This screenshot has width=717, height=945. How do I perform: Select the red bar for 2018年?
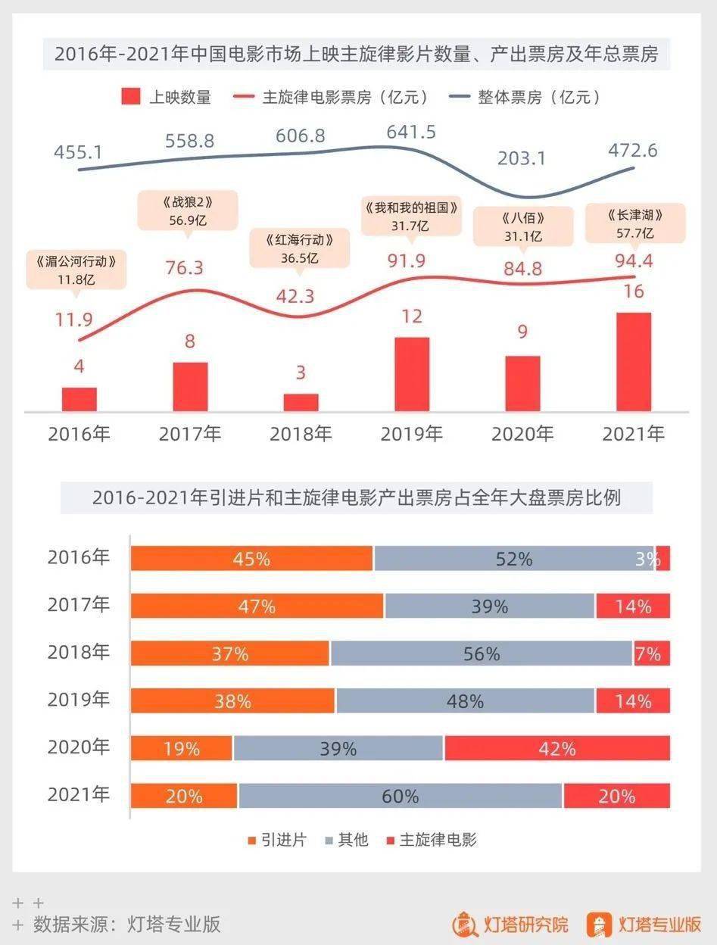coord(301,402)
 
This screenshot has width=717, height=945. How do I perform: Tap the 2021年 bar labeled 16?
coord(634,361)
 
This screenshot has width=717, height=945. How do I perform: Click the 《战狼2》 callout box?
coord(188,211)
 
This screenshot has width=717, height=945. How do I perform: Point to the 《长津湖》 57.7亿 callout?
coord(636,223)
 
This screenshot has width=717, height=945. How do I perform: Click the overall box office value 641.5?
coord(411,132)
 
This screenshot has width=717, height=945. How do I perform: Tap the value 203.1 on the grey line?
coord(522,158)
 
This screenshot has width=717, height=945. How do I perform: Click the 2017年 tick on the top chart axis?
coord(190,434)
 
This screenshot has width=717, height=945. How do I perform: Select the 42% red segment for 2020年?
coord(557,748)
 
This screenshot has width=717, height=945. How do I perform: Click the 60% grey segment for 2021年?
coord(401,796)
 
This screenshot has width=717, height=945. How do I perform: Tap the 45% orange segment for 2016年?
coord(251,558)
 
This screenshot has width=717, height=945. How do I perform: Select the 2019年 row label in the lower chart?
coord(79,700)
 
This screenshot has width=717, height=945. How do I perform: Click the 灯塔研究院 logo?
coord(510,925)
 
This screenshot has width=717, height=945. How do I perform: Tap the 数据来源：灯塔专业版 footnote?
coord(127,924)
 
